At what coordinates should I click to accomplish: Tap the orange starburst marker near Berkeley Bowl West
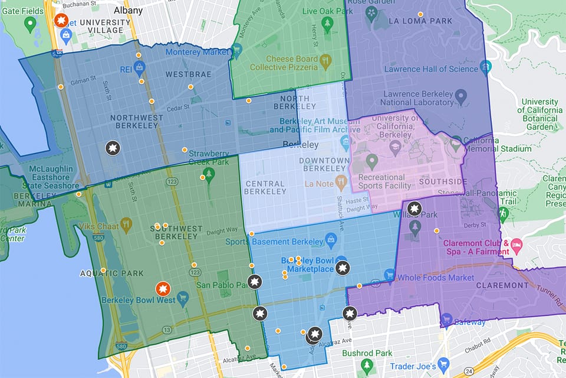coord(163,289)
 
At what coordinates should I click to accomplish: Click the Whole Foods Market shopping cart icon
coord(389,275)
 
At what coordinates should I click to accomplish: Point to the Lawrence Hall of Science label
coord(431,69)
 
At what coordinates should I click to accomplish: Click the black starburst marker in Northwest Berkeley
coord(113,148)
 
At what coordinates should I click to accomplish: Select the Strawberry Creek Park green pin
coord(208,174)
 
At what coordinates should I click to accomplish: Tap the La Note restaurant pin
coord(341,182)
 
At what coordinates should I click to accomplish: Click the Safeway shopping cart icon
coord(446,320)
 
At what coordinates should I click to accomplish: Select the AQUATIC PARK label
coord(104,274)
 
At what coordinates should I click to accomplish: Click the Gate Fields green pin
coord(31,25)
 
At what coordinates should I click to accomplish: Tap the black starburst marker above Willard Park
coord(415,208)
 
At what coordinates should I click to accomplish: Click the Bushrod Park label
coord(367,353)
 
